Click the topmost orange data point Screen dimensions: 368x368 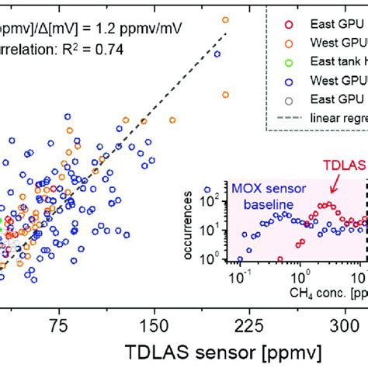click(225, 19)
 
